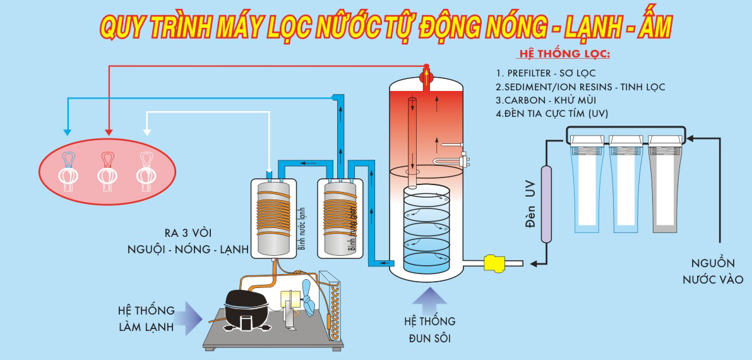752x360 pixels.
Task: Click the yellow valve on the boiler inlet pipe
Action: [492, 262]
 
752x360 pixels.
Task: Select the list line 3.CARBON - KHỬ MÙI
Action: [546, 100]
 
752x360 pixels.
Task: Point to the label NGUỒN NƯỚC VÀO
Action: [716, 271]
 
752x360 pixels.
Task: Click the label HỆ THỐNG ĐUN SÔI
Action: [429, 330]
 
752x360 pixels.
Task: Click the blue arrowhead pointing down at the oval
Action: [68, 132]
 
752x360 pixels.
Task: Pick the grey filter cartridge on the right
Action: [666, 189]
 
